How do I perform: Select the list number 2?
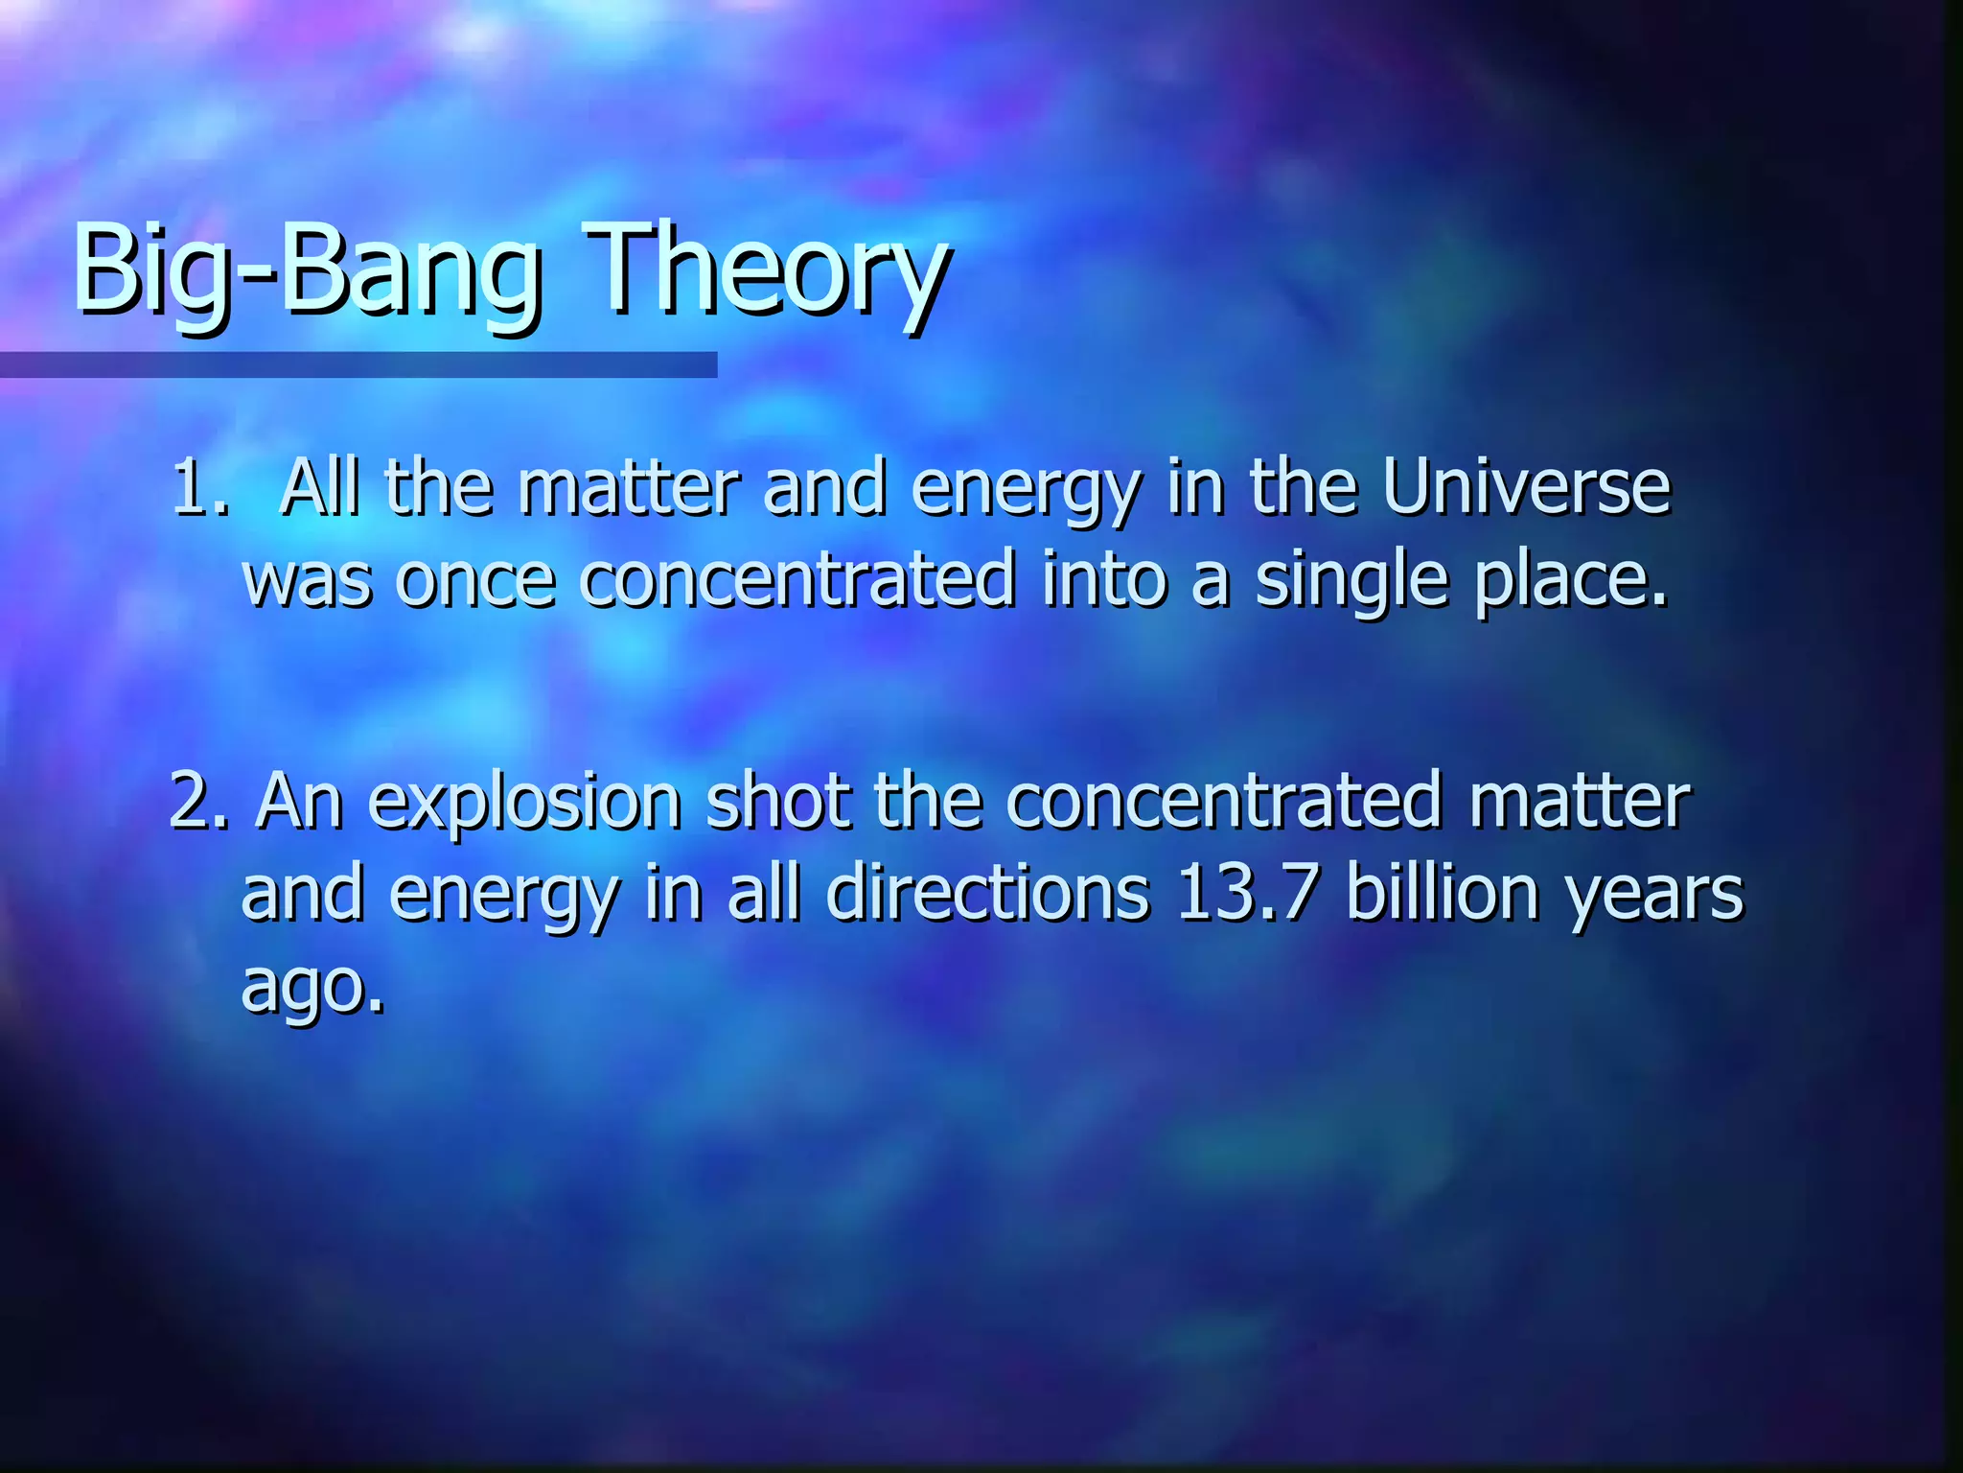(x=196, y=801)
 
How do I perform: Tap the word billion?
(x=1443, y=892)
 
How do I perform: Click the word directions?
(x=987, y=892)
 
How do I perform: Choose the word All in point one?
(x=319, y=487)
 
